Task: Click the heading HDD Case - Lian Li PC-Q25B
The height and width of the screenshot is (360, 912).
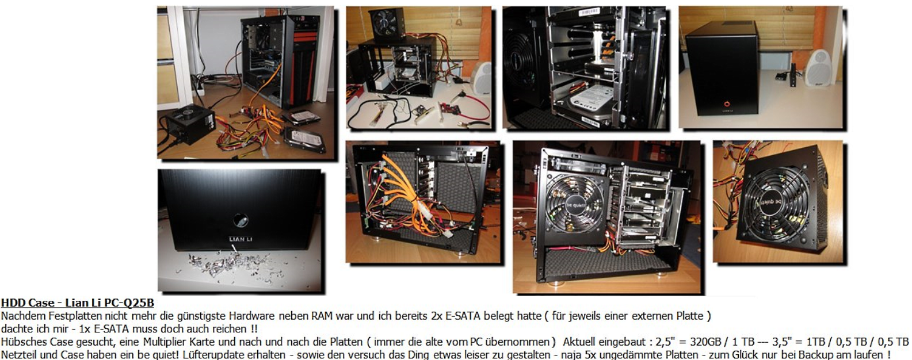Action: [77, 303]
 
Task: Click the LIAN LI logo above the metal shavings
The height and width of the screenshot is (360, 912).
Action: [241, 239]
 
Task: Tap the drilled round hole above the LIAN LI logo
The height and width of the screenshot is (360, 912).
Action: [241, 220]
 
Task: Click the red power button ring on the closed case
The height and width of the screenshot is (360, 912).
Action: [727, 104]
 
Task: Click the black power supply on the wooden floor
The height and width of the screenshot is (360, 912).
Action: [190, 124]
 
